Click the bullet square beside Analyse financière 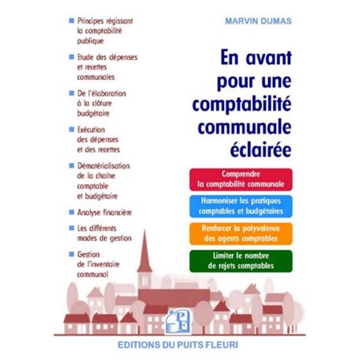pos(72,212)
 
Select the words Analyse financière pos(105,212)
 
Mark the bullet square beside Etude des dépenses pos(72,57)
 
